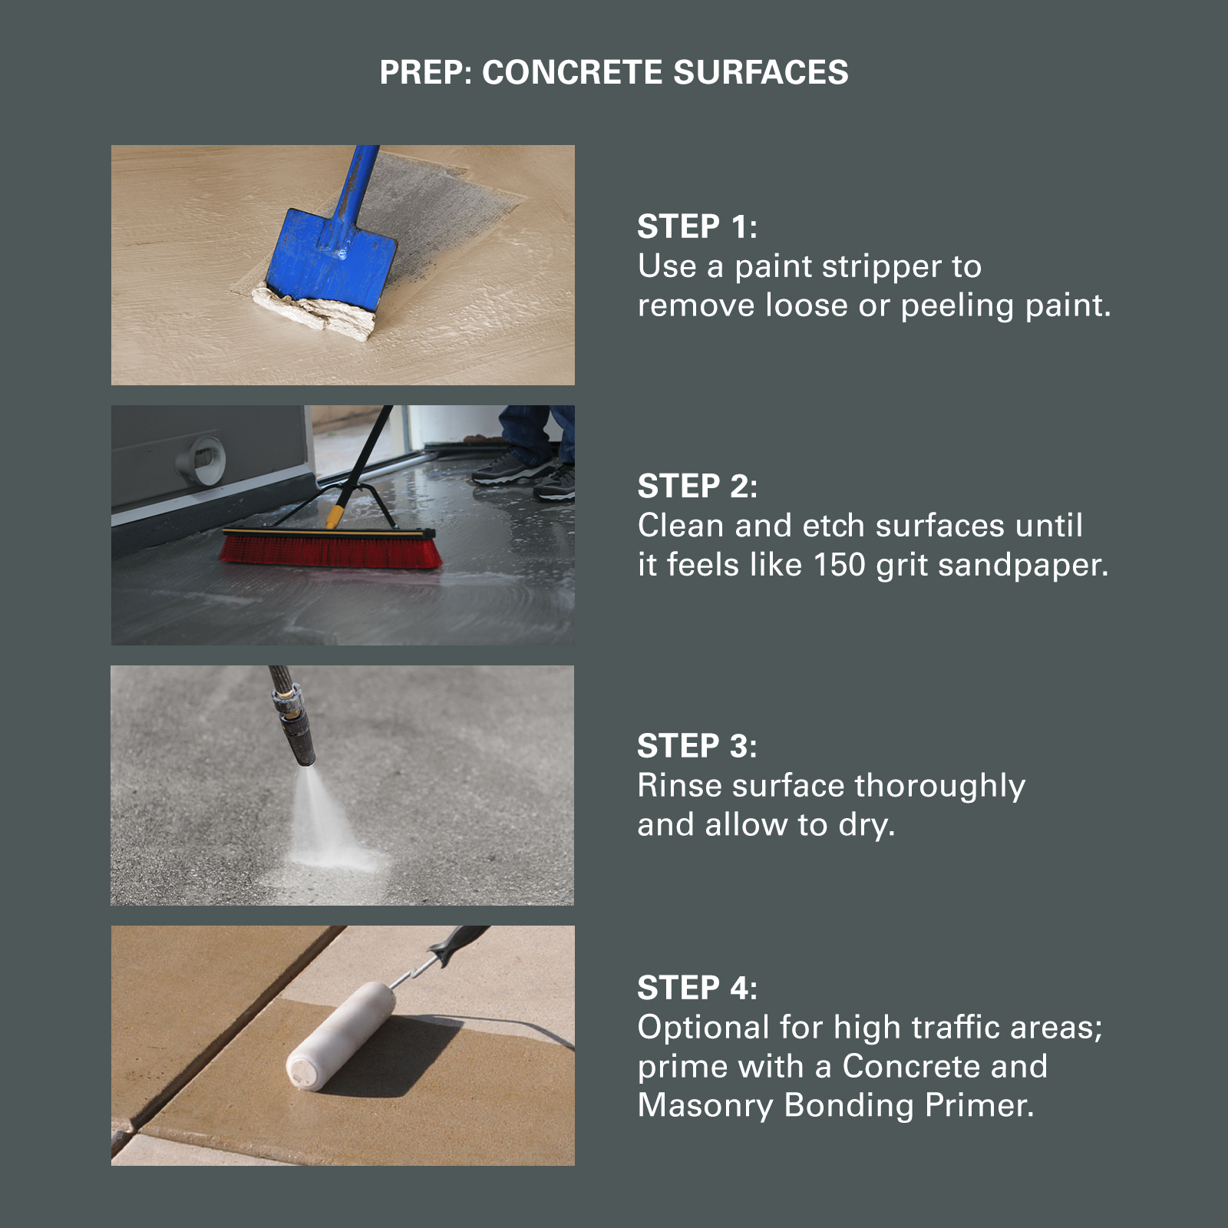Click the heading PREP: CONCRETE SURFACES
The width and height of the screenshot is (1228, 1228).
pos(614,72)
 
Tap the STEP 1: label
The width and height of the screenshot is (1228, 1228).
pos(698,226)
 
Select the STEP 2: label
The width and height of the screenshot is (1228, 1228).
pos(698,486)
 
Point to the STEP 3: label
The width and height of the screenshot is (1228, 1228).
pos(698,746)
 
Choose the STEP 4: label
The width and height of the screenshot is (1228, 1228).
pos(698,988)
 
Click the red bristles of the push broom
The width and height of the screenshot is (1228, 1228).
pos(331,552)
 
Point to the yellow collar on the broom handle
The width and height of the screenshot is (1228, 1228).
pos(335,516)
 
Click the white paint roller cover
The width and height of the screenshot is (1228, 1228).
pos(342,1034)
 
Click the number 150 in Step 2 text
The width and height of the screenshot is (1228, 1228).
pos(840,565)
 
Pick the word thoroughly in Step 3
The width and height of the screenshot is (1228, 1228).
pos(940,787)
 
